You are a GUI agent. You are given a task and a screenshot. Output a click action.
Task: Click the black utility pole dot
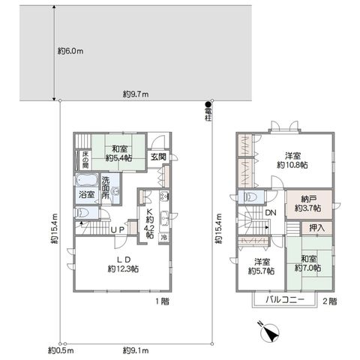208,104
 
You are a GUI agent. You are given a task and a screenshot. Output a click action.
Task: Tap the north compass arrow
270,332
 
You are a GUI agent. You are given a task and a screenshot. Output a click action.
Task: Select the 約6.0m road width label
70,51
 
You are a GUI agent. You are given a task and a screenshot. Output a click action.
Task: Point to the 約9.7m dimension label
136,94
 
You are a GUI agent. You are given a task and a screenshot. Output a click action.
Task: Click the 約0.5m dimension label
61,350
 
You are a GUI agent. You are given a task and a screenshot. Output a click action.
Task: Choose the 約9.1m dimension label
136,350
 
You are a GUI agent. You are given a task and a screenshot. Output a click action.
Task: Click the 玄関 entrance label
158,157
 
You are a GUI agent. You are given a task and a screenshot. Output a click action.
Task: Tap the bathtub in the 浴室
86,180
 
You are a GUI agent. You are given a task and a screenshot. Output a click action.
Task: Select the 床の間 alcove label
85,160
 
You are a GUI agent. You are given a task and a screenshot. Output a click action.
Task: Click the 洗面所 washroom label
106,188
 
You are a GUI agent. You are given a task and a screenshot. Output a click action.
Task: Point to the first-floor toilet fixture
82,213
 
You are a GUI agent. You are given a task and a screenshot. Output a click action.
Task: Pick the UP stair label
117,229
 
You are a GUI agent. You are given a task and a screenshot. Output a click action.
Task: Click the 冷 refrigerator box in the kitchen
164,237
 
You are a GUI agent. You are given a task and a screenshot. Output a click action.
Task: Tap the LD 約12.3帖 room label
123,264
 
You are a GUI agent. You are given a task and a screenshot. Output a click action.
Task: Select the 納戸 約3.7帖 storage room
309,204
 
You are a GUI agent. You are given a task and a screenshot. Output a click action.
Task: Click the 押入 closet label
316,228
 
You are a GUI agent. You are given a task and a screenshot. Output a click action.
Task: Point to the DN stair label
271,213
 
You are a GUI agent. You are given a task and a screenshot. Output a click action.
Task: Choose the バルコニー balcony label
285,299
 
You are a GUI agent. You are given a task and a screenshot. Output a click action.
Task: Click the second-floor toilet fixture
250,197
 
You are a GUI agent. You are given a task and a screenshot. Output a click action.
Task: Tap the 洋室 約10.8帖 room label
292,160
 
